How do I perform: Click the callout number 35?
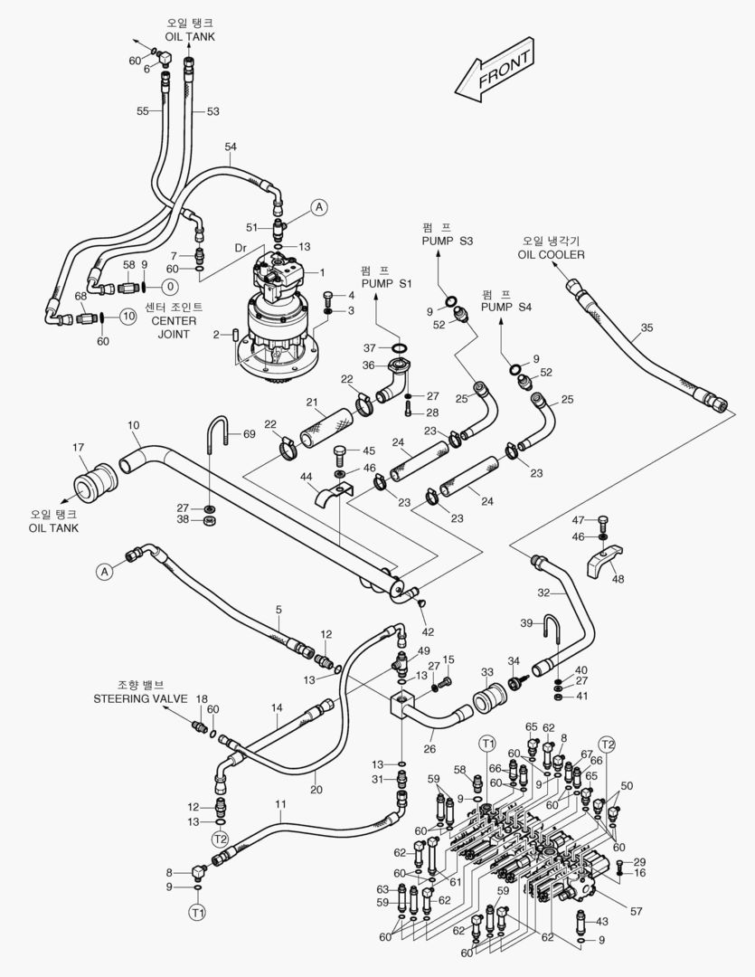(646, 327)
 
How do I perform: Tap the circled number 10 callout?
(127, 316)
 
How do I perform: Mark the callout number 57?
(637, 911)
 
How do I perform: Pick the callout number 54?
(231, 147)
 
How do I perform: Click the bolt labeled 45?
(341, 451)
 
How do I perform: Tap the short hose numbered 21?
(325, 425)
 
